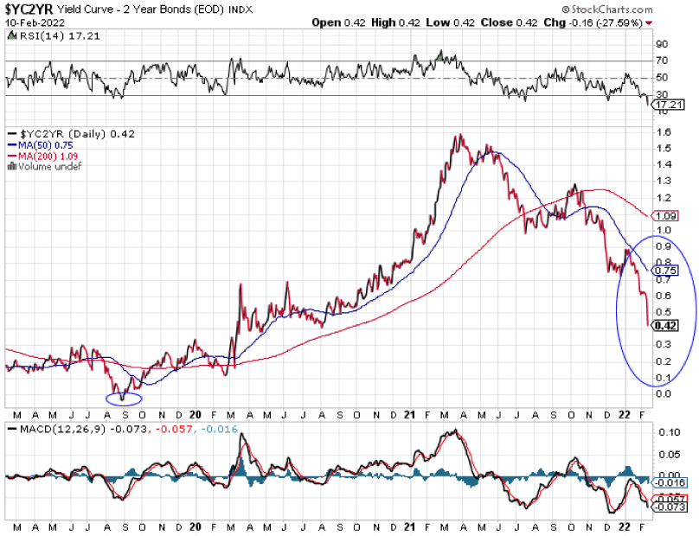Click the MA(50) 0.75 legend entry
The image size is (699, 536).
44,145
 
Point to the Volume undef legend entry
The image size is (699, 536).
45,166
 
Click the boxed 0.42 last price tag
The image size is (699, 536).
665,326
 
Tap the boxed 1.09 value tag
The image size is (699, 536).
664,214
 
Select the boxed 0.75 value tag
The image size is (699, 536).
664,270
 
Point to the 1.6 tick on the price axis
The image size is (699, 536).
662,132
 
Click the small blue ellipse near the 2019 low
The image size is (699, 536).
124,398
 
